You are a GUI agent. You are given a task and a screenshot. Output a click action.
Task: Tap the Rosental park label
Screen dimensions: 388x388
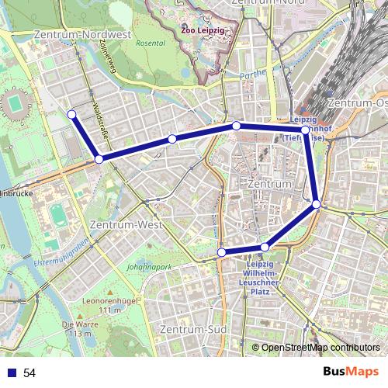point(151,43)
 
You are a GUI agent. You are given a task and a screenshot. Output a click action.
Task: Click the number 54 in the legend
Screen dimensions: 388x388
point(29,373)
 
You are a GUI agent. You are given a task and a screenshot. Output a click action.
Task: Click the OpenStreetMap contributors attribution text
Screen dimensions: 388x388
point(320,347)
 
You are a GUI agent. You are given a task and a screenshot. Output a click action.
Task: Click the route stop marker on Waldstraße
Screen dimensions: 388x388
point(99,159)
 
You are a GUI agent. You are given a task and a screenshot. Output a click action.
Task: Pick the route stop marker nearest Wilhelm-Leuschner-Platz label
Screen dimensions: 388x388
point(265,247)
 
